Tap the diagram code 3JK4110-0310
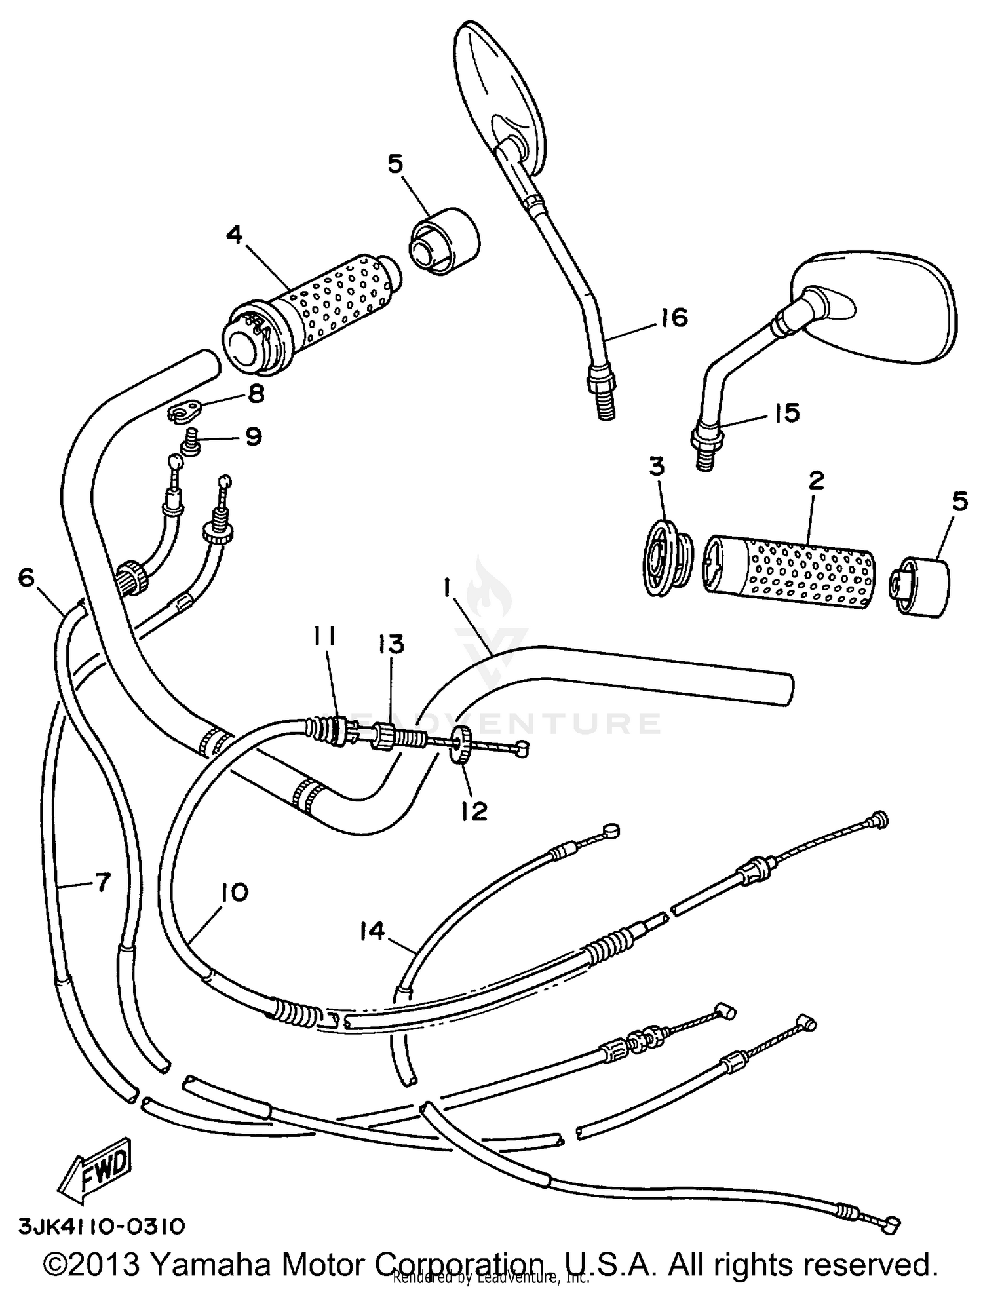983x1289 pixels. pyautogui.click(x=102, y=1227)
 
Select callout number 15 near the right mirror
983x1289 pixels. pyautogui.click(x=786, y=413)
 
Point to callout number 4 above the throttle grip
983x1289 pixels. pyautogui.click(x=235, y=234)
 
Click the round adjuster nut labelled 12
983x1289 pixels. pyautogui.click(x=462, y=743)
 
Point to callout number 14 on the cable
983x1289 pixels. pyautogui.click(x=372, y=931)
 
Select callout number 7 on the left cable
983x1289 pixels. pyautogui.click(x=102, y=883)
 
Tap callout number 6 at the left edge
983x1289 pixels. pyautogui.click(x=26, y=577)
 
